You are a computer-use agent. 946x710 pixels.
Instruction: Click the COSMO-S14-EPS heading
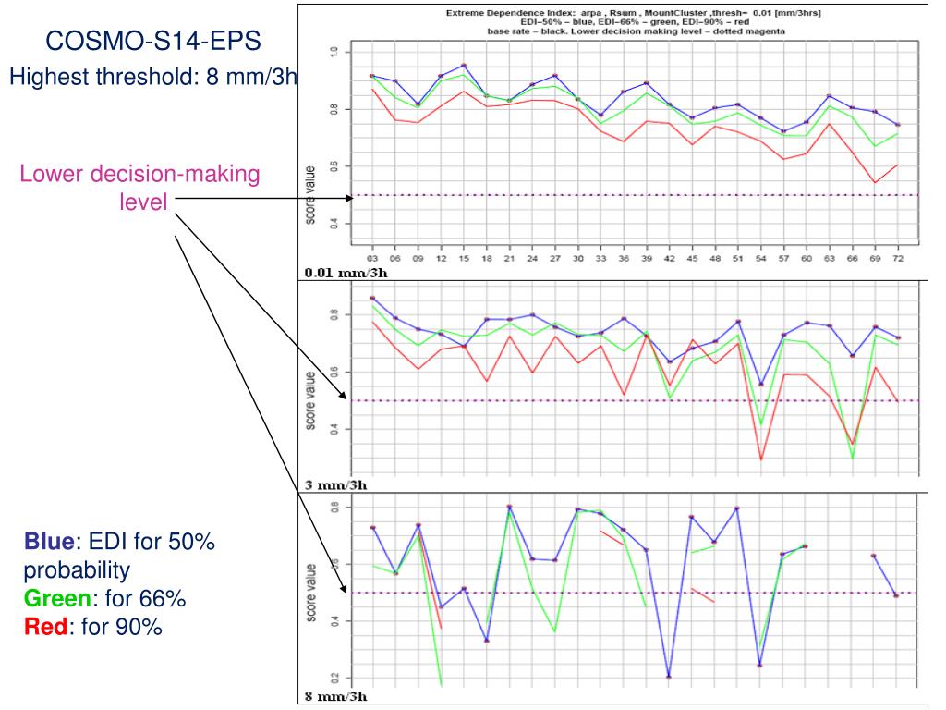(152, 43)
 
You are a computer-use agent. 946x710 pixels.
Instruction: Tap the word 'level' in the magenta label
(143, 201)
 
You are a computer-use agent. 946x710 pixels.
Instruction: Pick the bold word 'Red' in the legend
(42, 628)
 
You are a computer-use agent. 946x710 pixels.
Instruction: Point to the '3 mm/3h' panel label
(335, 484)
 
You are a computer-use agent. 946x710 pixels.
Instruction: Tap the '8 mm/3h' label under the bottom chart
(335, 695)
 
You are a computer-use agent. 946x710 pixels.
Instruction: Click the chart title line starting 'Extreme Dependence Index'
(634, 13)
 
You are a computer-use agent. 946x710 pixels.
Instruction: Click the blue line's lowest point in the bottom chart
(669, 677)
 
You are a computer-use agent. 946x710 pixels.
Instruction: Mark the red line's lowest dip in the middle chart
(760, 459)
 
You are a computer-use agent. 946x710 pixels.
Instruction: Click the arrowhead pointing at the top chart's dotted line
(348, 197)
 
